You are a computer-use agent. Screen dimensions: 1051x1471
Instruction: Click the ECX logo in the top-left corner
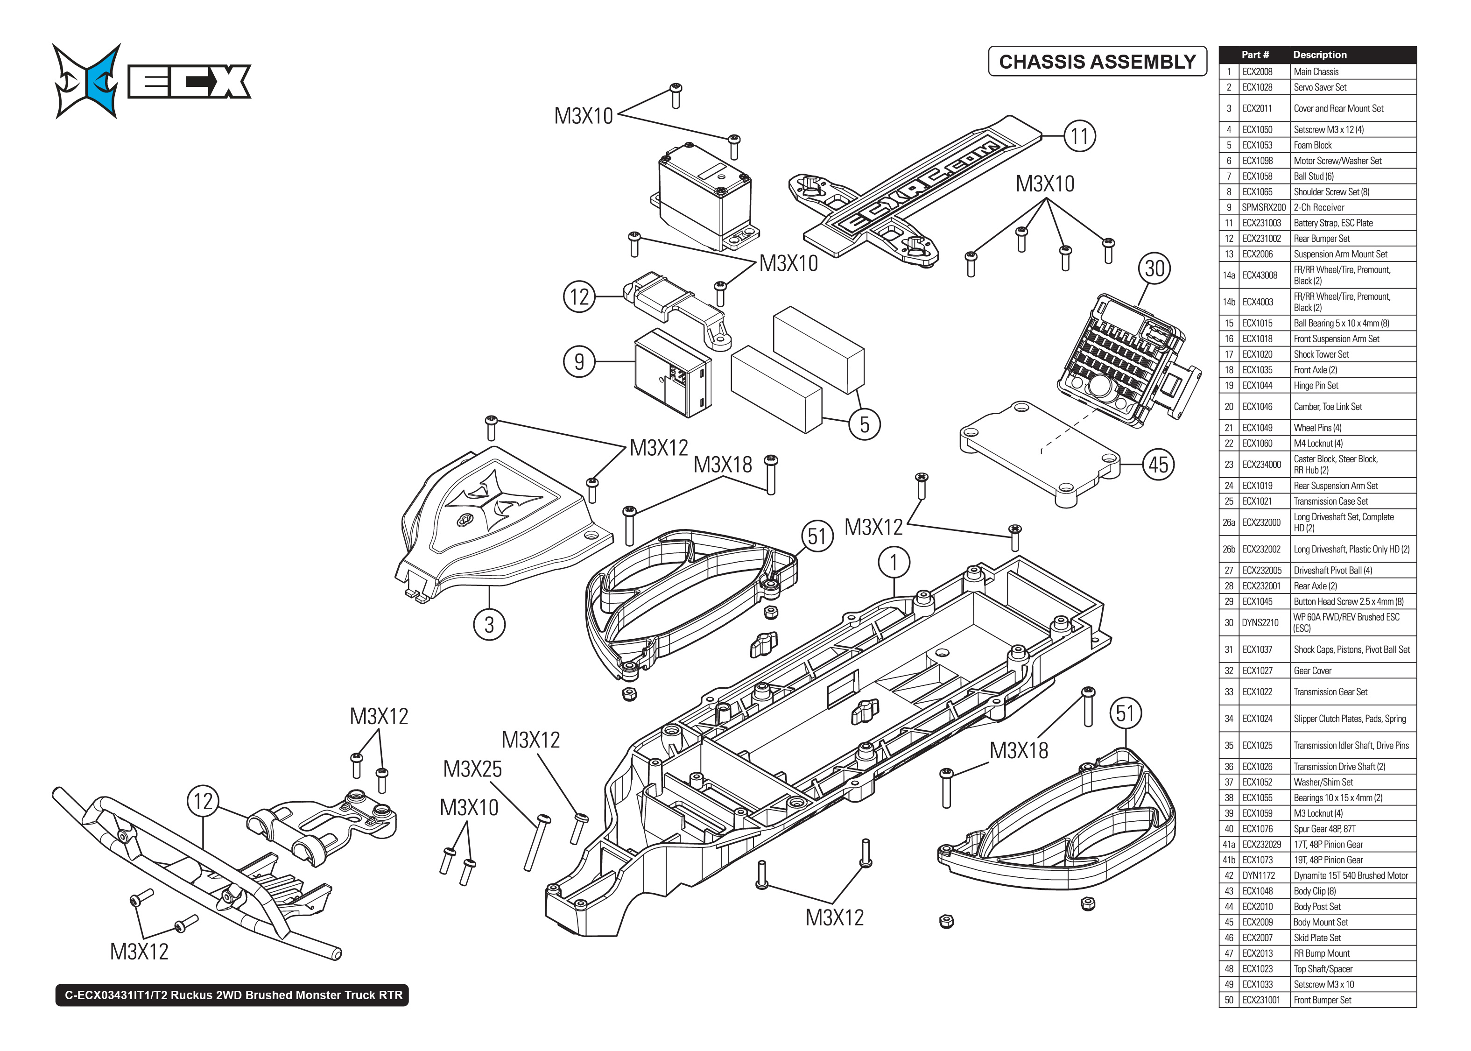(151, 81)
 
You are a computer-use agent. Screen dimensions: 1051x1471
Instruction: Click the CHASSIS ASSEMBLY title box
(1097, 62)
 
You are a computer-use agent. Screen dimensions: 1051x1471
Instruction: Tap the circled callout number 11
(1080, 136)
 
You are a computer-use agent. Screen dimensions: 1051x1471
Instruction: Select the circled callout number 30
(1154, 268)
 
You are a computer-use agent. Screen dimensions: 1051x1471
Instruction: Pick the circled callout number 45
(1158, 465)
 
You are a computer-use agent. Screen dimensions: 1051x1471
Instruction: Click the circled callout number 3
(489, 625)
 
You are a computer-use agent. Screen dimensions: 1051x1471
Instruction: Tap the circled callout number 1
(894, 563)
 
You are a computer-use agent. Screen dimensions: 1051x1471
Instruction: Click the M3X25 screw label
(472, 769)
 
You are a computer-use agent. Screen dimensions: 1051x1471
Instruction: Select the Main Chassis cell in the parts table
(1316, 72)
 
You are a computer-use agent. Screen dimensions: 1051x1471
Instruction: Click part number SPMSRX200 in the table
(1263, 208)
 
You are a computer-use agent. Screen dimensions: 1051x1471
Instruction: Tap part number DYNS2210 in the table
(1260, 622)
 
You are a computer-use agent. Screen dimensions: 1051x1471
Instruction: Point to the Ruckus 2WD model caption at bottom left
(233, 995)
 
